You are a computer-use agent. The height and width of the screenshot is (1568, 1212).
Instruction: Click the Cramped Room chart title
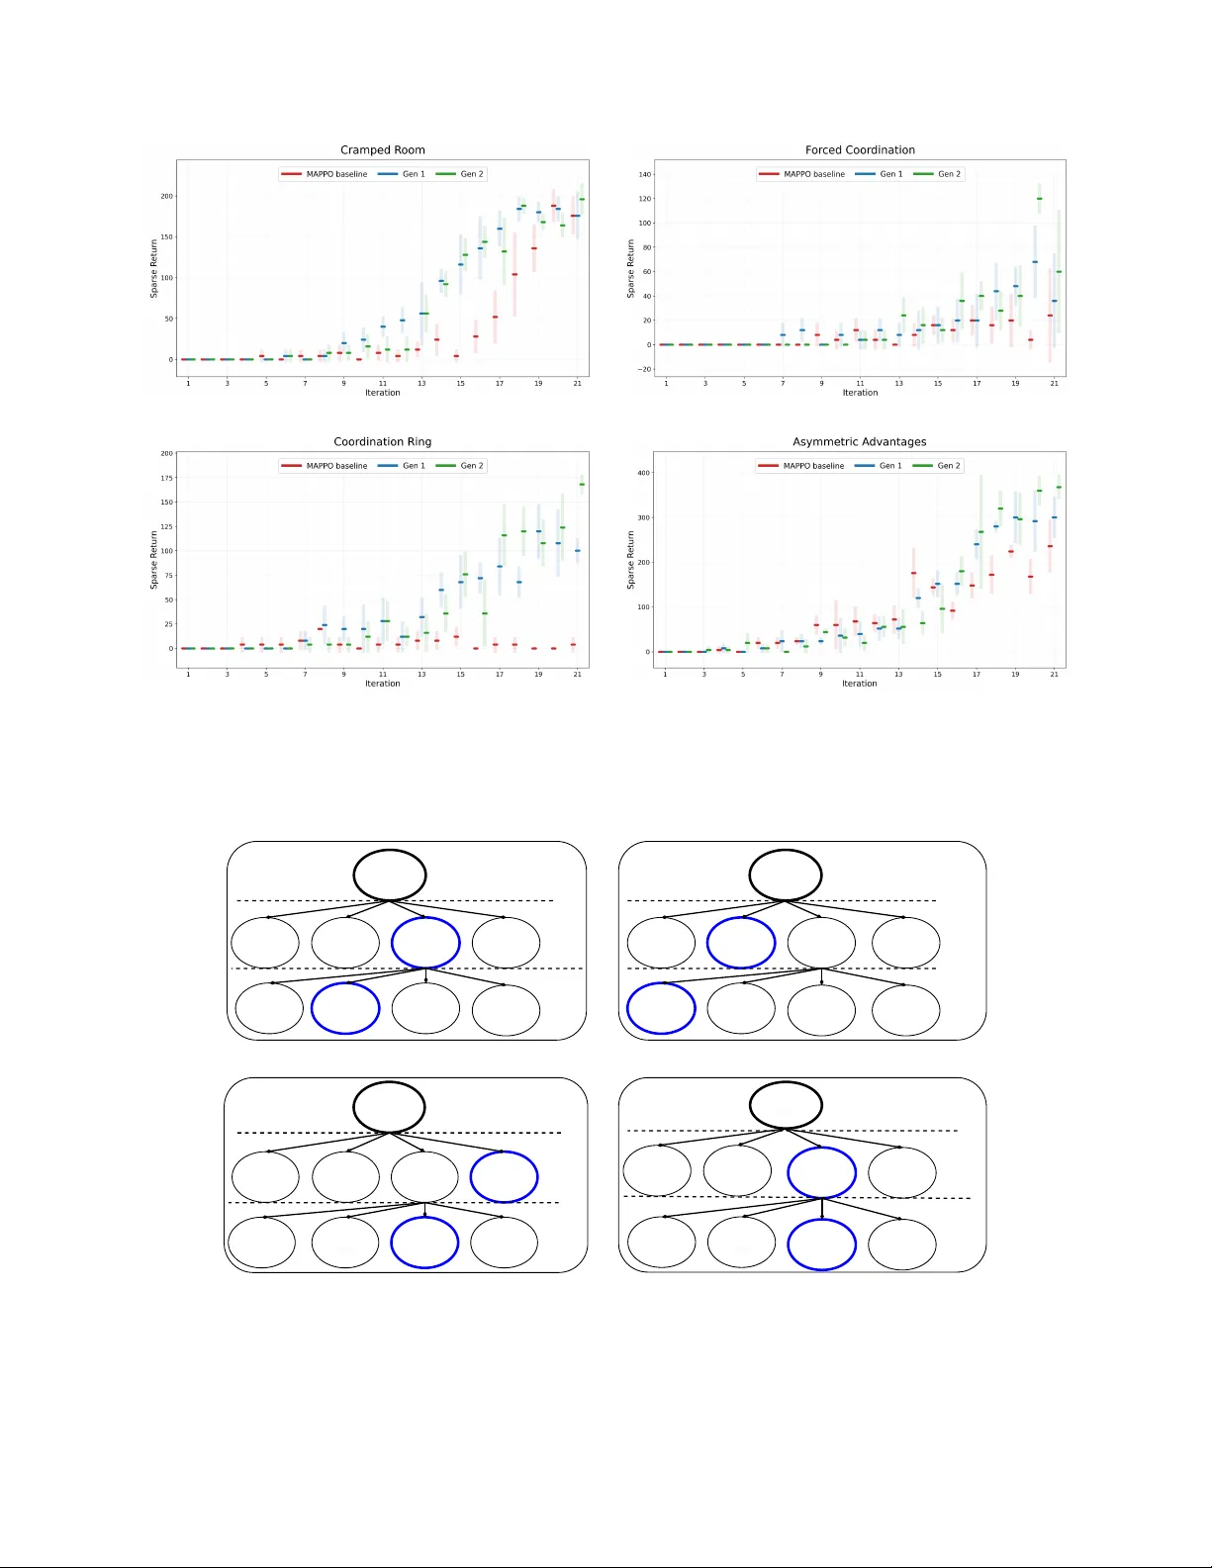pyautogui.click(x=382, y=150)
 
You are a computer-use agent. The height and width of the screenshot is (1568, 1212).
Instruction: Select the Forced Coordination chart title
pyautogui.click(x=860, y=150)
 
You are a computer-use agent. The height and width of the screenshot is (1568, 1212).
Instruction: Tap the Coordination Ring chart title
pyautogui.click(x=382, y=442)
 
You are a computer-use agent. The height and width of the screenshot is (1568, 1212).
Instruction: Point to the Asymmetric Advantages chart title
pyautogui.click(x=859, y=442)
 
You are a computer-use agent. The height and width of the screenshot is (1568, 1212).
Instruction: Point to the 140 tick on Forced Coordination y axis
pyautogui.click(x=645, y=174)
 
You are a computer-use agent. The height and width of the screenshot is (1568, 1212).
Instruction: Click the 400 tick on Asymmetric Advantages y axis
pyautogui.click(x=644, y=473)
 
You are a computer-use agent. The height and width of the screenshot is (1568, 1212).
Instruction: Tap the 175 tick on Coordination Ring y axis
pyautogui.click(x=166, y=478)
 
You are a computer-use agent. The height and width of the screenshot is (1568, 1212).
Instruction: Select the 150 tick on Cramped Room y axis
pyautogui.click(x=166, y=237)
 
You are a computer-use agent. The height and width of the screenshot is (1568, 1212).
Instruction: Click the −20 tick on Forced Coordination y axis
pyautogui.click(x=645, y=369)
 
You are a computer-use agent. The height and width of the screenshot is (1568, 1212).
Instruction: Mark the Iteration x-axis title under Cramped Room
pyautogui.click(x=382, y=393)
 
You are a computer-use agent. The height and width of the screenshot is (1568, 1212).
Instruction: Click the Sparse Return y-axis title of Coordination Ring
pyautogui.click(x=153, y=560)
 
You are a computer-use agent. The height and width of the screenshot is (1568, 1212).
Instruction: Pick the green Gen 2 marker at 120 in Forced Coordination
pyautogui.click(x=1039, y=199)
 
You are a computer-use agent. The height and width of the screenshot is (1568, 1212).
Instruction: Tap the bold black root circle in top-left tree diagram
pyautogui.click(x=390, y=876)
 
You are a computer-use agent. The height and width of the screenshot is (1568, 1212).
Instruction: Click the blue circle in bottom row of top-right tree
pyautogui.click(x=661, y=1008)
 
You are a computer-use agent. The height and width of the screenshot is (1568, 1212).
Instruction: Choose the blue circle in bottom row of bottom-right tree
pyautogui.click(x=821, y=1244)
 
